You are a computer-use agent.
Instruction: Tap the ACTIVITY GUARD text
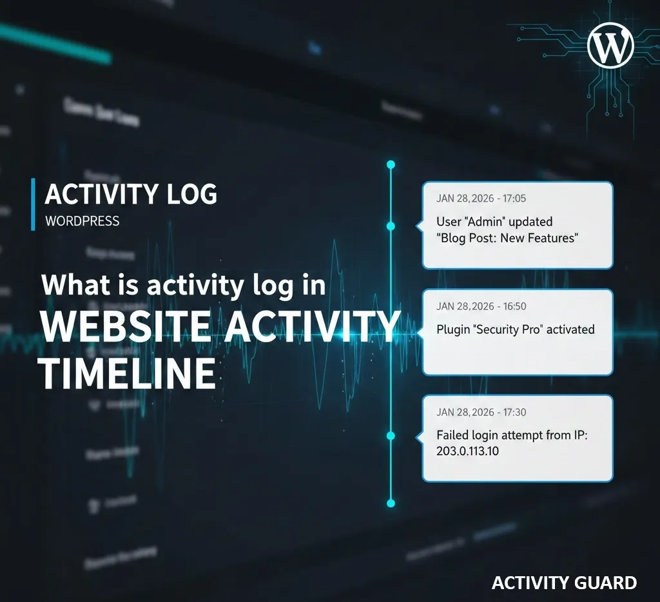[x=564, y=583]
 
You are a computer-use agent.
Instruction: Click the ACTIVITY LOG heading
[x=131, y=194]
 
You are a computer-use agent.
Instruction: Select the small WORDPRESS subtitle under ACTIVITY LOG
[x=82, y=221]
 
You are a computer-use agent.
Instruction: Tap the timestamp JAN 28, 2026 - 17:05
[x=481, y=199]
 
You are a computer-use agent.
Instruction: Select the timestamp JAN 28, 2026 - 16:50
[x=481, y=306]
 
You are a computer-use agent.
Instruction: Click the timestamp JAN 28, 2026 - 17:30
[x=481, y=412]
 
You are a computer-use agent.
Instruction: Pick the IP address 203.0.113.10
[x=467, y=451]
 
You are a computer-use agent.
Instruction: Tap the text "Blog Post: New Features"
[x=507, y=238]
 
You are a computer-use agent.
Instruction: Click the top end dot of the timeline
[x=390, y=165]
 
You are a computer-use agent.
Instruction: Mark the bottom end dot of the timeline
[x=390, y=502]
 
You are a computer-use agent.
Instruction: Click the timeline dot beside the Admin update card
[x=390, y=226]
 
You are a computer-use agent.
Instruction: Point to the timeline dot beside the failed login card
[x=390, y=436]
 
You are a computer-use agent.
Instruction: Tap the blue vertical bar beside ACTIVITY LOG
[x=33, y=204]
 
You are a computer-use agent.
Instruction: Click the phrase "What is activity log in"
[x=184, y=285]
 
